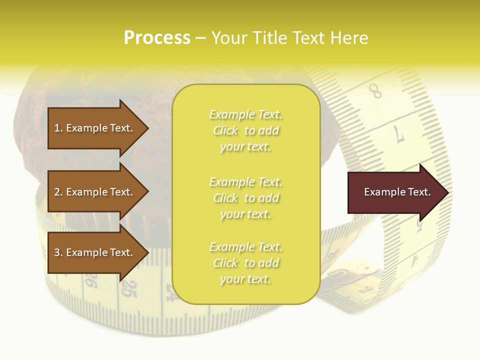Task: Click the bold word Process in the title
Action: pos(157,38)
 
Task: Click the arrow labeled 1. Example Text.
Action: pos(95,128)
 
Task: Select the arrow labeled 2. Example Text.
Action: pos(95,192)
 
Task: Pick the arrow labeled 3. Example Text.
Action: pos(95,252)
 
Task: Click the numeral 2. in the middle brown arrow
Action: pos(58,192)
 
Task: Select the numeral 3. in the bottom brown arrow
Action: pos(58,252)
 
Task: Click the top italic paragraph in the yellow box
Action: pos(245,130)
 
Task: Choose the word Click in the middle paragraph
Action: pos(225,198)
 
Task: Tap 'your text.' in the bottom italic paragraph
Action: pos(245,279)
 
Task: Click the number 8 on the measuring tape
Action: pos(375,91)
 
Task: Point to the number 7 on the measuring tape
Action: pos(400,134)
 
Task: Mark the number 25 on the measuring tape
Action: pos(129,289)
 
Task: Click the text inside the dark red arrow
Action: pos(397,192)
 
